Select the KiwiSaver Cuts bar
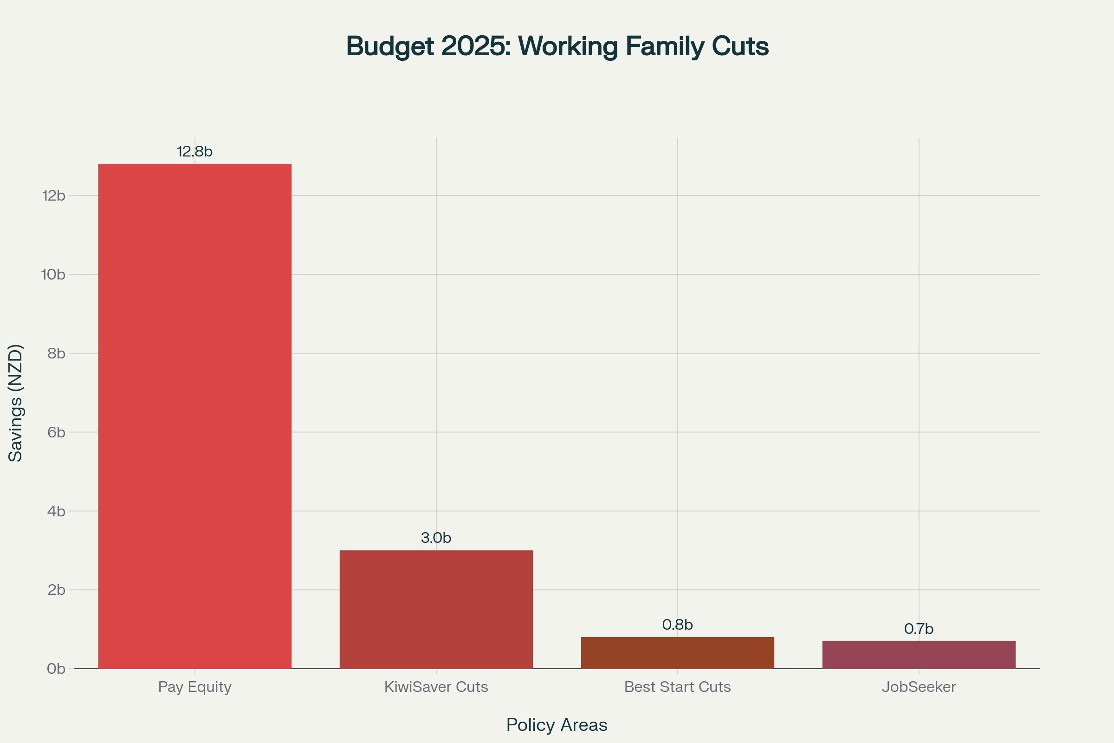(x=436, y=609)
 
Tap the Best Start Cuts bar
(x=677, y=652)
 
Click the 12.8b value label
(x=194, y=152)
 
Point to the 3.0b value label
(x=436, y=538)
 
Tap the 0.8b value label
(x=677, y=625)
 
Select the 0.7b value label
(x=919, y=629)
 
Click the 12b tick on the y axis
(x=53, y=196)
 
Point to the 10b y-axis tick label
(x=53, y=274)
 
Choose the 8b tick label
(x=56, y=353)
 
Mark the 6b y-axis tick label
(x=56, y=432)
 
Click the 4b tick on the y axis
(x=56, y=511)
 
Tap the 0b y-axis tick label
(x=56, y=669)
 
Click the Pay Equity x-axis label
(x=194, y=687)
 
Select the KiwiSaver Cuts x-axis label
(x=436, y=687)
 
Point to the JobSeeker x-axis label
(x=919, y=687)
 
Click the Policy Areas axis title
(x=557, y=725)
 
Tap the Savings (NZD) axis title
(x=16, y=403)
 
